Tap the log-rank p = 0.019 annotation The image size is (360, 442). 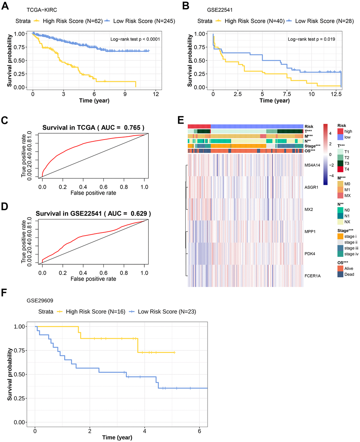311,39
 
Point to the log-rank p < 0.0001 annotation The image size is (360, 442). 135,39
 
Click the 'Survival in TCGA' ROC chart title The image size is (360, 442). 93,128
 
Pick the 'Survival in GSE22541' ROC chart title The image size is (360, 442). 93,213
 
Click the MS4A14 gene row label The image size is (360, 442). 313,165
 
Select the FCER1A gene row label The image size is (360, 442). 312,276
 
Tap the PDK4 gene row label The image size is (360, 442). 310,254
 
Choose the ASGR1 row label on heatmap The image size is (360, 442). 311,187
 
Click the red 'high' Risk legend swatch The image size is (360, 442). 340,131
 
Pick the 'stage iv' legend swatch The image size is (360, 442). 340,254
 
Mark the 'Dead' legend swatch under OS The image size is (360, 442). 340,275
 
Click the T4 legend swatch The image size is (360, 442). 340,170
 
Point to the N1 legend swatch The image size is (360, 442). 340,216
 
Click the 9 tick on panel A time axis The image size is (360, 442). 125,94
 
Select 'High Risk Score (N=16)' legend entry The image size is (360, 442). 95,312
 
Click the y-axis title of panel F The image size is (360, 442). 10,374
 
